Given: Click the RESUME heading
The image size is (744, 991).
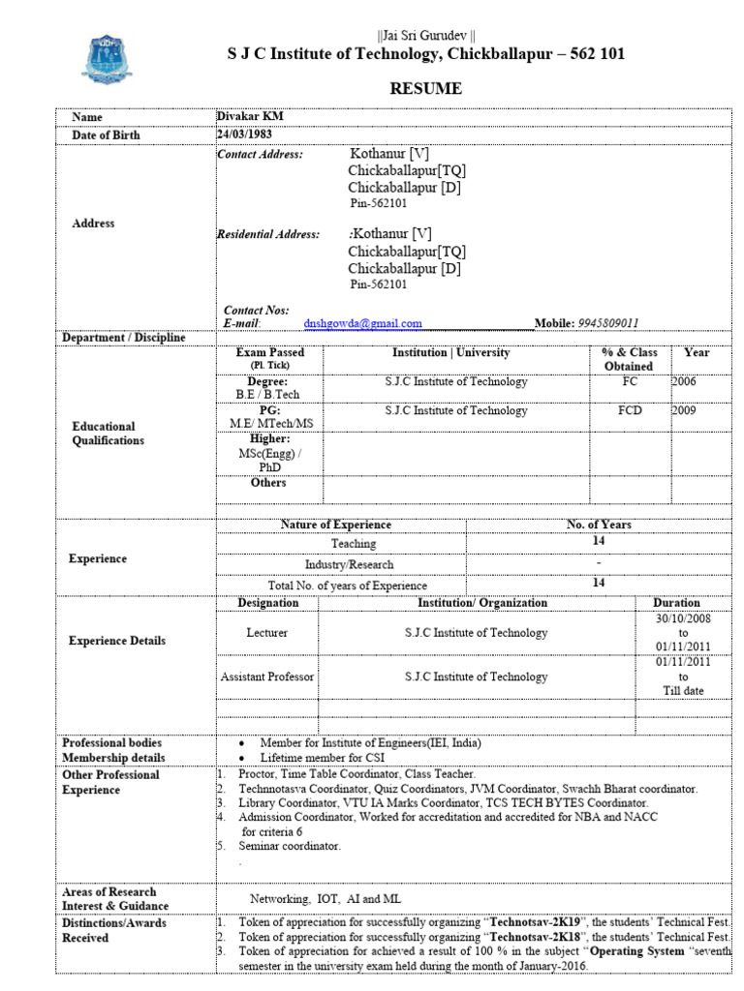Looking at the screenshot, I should click(425, 89).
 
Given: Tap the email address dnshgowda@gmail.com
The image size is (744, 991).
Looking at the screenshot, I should click(362, 323).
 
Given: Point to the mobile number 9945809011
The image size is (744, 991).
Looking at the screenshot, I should click(607, 323).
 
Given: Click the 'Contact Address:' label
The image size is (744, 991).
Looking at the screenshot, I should click(260, 154).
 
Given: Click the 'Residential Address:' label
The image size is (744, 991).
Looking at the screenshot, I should click(267, 234).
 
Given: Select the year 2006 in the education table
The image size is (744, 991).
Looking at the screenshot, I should click(684, 382).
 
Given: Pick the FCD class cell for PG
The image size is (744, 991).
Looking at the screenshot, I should click(631, 411).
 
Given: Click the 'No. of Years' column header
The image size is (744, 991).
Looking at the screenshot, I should click(599, 525).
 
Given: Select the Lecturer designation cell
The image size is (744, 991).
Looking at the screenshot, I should click(267, 633).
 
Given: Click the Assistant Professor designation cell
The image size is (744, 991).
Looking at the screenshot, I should click(267, 677).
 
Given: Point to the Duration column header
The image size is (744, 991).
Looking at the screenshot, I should click(676, 603).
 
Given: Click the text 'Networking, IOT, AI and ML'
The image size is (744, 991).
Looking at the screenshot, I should click(325, 898).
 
